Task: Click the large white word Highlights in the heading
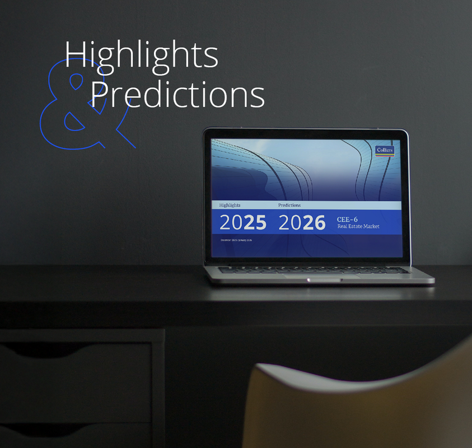coord(141,55)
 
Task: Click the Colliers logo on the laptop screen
coord(385,150)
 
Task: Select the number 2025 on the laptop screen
coord(242,223)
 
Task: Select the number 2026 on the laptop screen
coord(302,223)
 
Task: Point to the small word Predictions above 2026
coord(289,206)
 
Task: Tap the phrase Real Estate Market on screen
coord(358,226)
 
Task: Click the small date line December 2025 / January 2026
coord(236,240)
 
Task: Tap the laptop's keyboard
coord(314,270)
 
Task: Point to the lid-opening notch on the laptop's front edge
coord(323,279)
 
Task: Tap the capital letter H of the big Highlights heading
coord(74,55)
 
